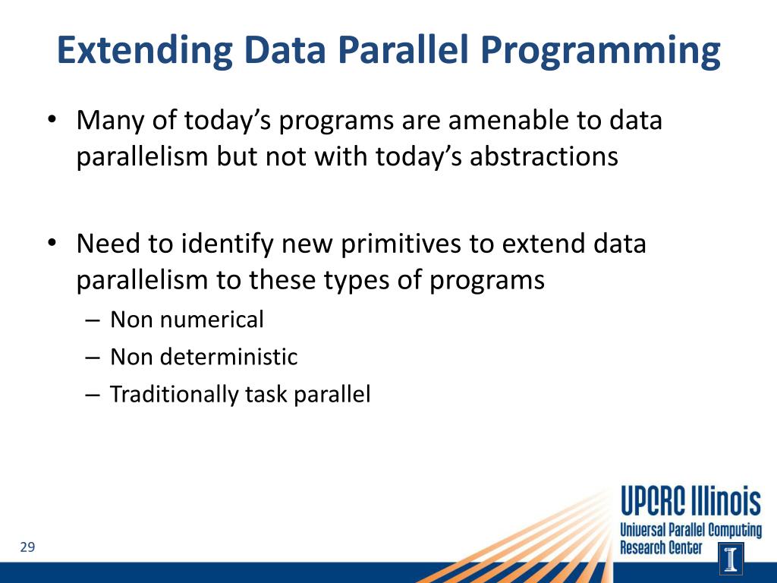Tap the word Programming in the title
click(x=600, y=51)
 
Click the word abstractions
click(x=543, y=156)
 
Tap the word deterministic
click(x=228, y=357)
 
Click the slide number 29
click(x=28, y=547)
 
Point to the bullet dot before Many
click(x=52, y=120)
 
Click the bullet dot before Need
click(x=52, y=244)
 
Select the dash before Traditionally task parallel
click(x=93, y=395)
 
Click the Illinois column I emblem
click(x=731, y=558)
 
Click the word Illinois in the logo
click(x=726, y=501)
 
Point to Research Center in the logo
click(x=661, y=548)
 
